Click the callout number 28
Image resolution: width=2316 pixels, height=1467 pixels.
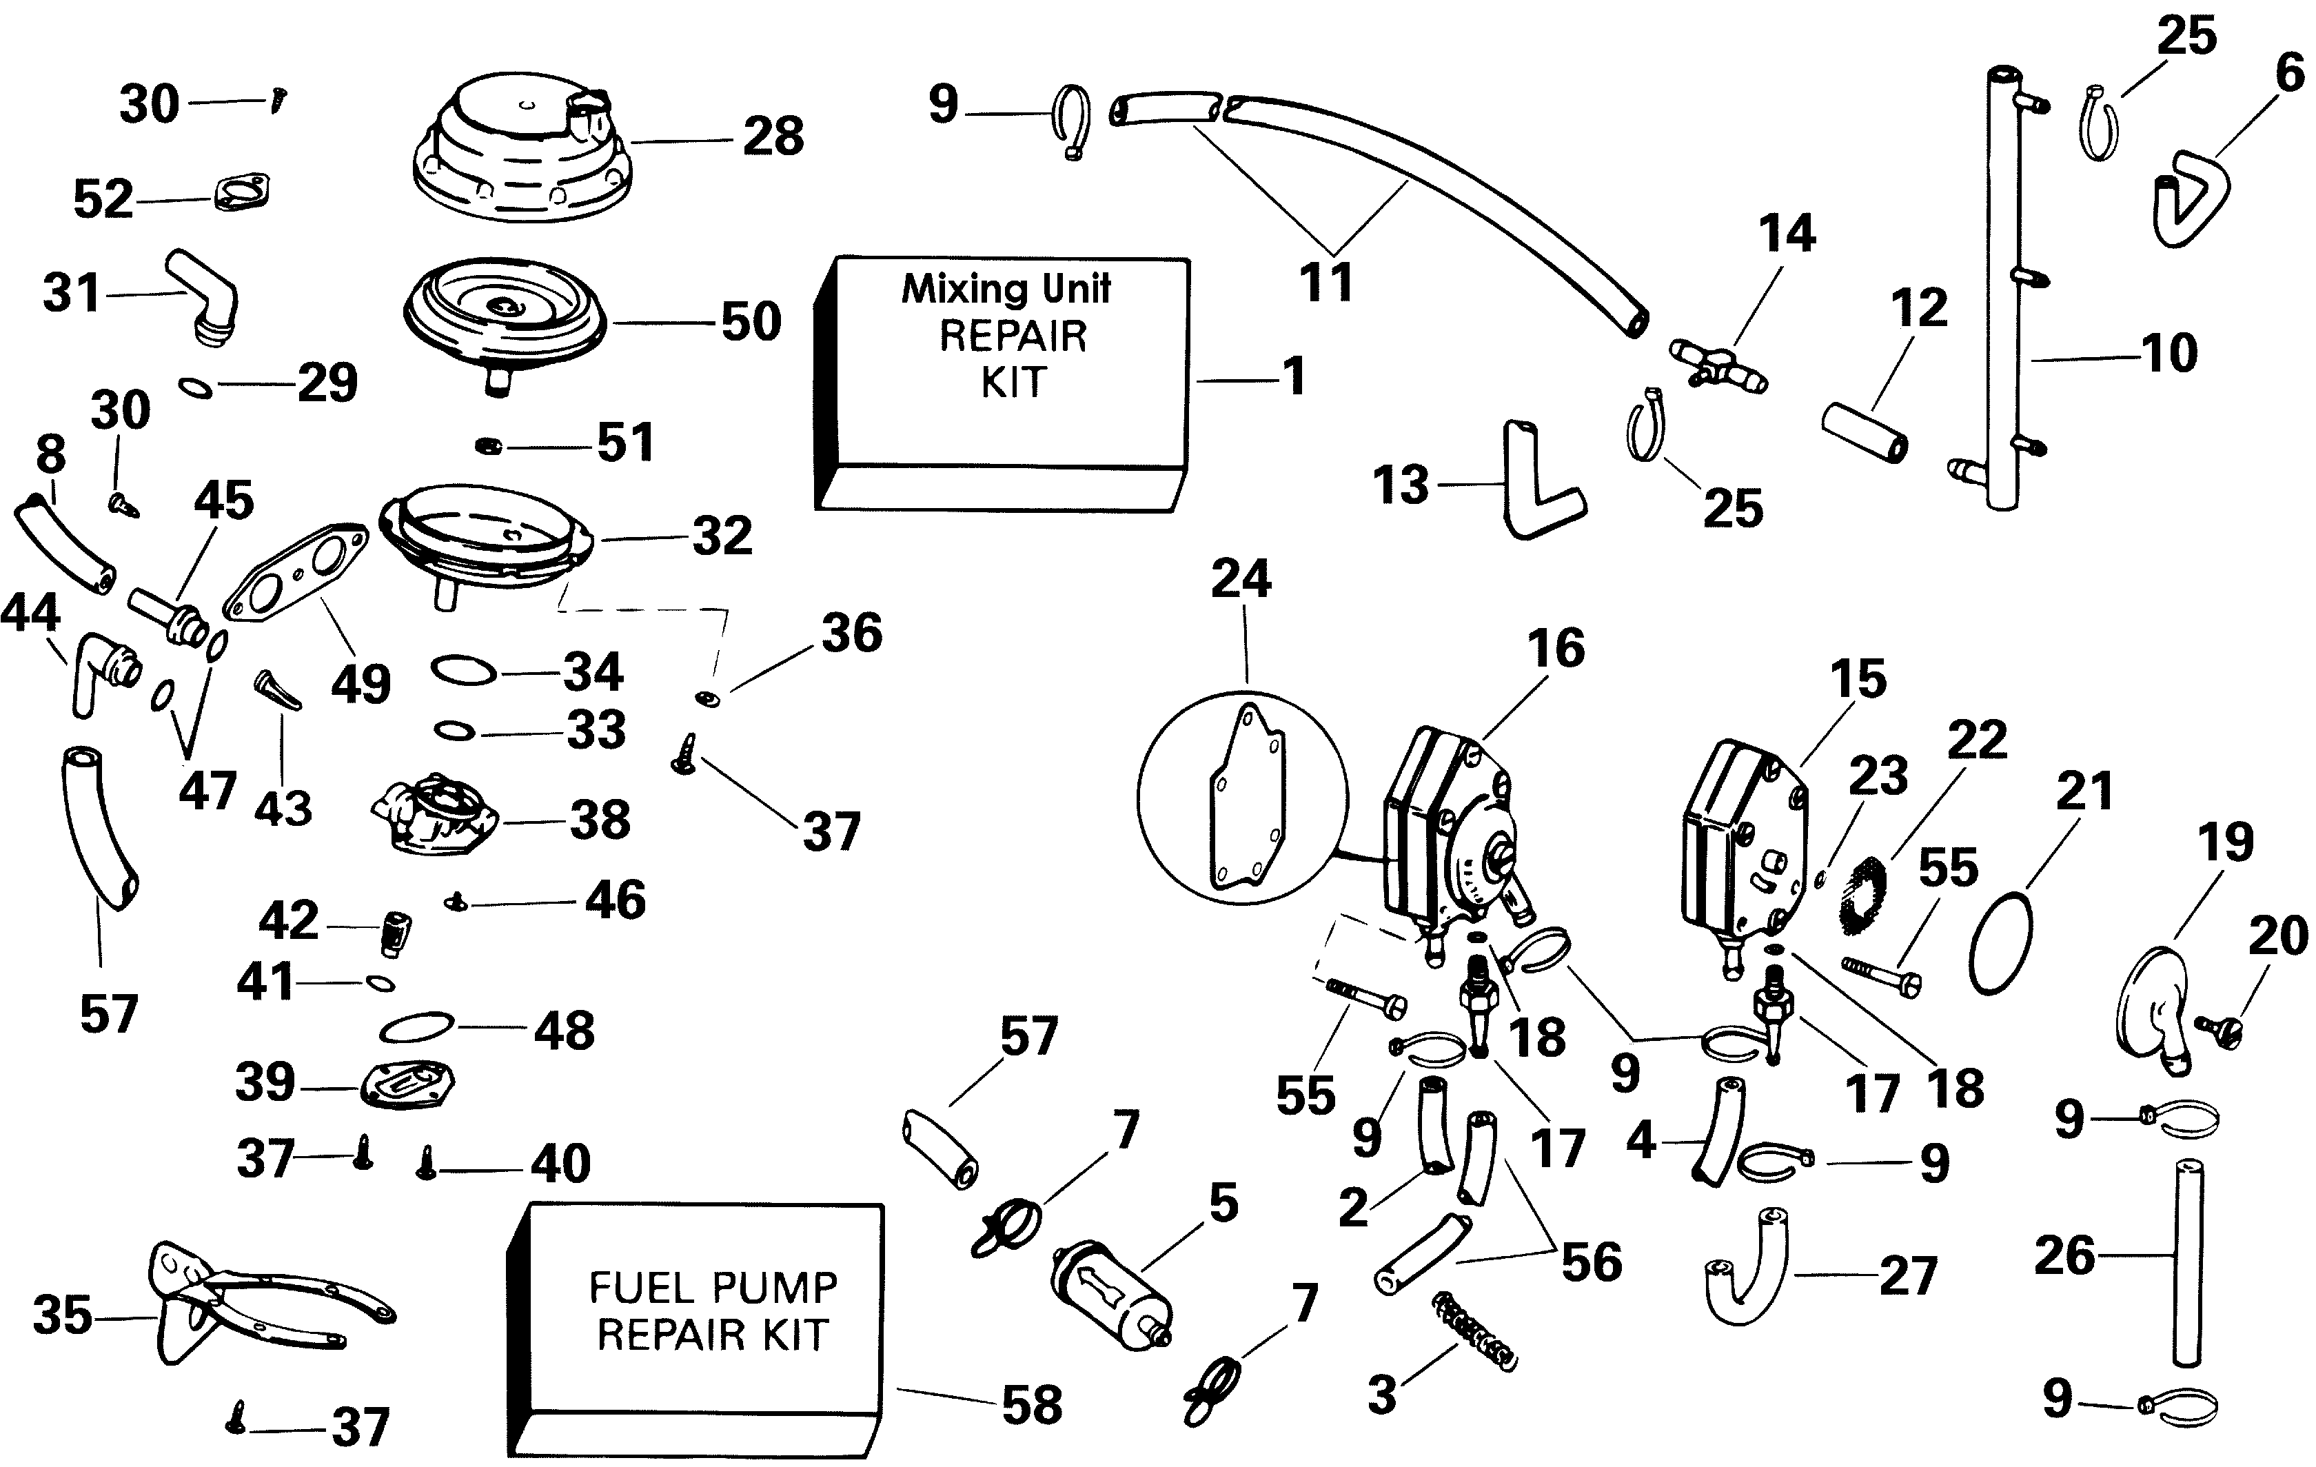[x=773, y=136]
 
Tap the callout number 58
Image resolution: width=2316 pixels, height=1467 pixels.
[x=1032, y=1404]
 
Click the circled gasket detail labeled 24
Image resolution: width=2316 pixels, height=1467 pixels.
[x=1243, y=798]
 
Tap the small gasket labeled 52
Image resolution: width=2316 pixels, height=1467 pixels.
[x=241, y=192]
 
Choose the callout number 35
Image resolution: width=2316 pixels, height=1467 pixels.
[x=63, y=1315]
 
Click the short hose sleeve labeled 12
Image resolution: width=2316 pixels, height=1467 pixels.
[x=1864, y=431]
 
